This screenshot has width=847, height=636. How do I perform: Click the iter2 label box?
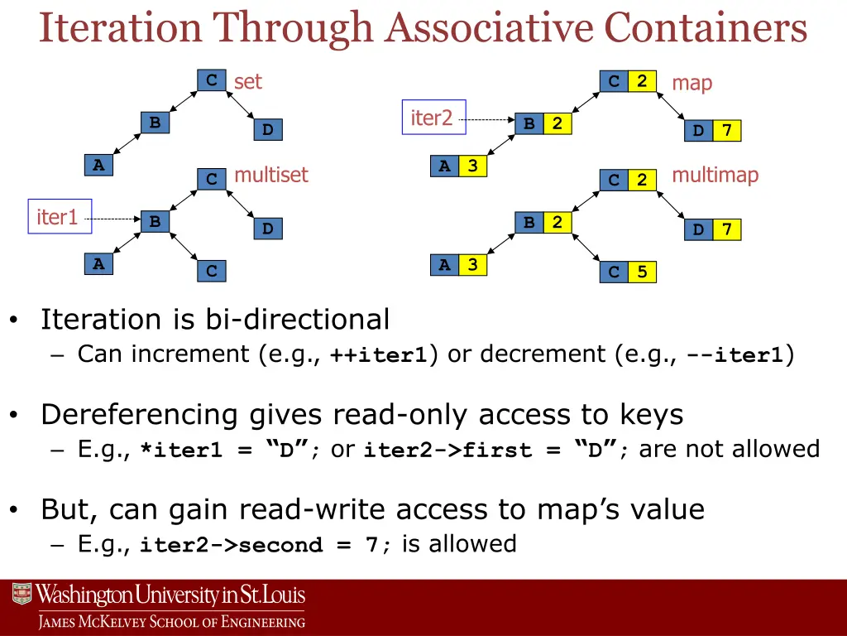[433, 118]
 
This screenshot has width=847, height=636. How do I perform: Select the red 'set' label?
[247, 81]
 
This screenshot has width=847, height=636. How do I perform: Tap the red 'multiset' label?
[270, 175]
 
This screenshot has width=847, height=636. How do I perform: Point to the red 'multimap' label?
[715, 175]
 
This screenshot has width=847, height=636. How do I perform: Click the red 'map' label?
[691, 83]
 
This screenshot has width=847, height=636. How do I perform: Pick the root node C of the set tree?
[212, 80]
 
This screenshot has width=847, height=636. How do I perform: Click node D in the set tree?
[267, 130]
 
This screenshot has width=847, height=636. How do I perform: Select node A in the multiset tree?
[98, 264]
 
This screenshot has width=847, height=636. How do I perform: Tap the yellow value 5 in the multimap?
[642, 272]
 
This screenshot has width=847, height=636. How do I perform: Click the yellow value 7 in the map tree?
[726, 131]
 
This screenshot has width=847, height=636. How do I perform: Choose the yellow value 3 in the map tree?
[472, 166]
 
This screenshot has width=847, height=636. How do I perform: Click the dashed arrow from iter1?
[115, 219]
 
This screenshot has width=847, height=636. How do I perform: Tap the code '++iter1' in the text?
[378, 355]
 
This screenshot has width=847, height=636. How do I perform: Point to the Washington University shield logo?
[22, 594]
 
